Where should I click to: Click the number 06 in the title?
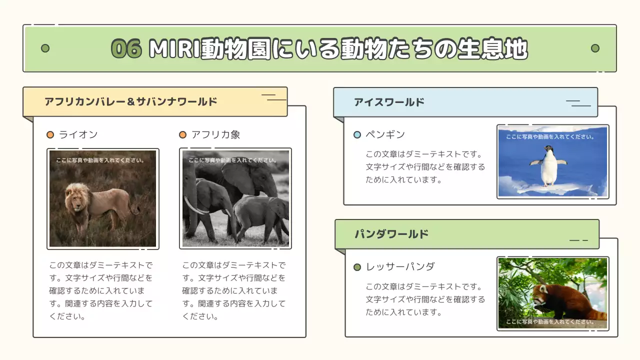pos(126,49)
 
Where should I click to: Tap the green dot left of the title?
pos(45,48)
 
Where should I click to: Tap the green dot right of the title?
pos(595,48)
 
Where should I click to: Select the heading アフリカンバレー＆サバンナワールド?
pos(131,101)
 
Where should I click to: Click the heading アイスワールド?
pos(389,102)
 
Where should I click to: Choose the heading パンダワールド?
pos(391,234)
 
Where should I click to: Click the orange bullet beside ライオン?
pos(50,134)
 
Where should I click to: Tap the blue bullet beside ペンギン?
pos(357,134)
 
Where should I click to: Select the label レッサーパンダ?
pos(400,266)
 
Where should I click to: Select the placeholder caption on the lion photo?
pos(100,160)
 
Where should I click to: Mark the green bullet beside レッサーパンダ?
pos(357,267)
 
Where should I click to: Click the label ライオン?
pos(78,134)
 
